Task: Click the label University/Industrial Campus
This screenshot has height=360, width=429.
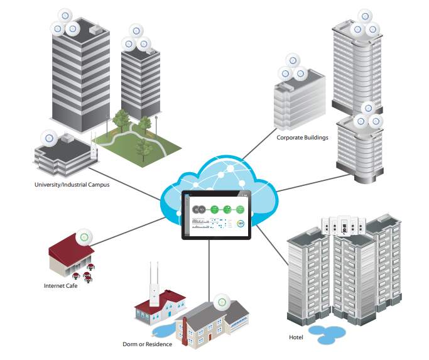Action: pyautogui.click(x=72, y=185)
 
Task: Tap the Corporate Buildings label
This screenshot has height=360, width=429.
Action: pyautogui.click(x=302, y=137)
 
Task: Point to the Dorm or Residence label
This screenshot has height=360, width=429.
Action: pyautogui.click(x=147, y=344)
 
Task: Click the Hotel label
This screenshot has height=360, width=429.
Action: pyautogui.click(x=296, y=338)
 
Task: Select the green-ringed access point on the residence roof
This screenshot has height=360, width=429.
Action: pyautogui.click(x=220, y=302)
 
